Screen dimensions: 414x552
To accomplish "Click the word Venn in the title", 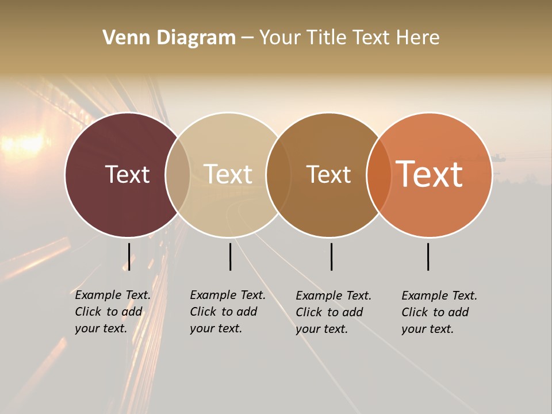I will click(122, 37).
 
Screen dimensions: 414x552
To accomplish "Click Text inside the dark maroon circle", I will click(127, 174).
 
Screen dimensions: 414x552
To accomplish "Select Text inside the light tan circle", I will click(228, 174).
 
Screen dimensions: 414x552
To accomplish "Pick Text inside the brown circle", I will click(328, 174).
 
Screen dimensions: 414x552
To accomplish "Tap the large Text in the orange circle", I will click(430, 174).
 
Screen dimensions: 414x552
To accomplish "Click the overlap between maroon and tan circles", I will click(178, 175).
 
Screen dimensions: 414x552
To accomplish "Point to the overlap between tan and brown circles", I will click(278, 175).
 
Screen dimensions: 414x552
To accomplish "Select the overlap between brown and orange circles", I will click(379, 175).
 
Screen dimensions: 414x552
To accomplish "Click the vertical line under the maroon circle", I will click(129, 256).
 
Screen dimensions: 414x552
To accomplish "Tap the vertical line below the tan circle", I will click(230, 256).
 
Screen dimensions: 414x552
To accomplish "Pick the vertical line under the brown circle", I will click(331, 256).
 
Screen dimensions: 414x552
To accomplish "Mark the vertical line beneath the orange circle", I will click(428, 256).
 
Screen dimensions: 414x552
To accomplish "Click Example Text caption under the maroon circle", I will click(112, 312).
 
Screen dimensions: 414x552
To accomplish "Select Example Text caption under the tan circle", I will click(227, 312).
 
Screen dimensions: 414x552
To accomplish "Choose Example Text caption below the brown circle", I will click(333, 312).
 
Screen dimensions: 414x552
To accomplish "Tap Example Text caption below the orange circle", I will click(439, 312).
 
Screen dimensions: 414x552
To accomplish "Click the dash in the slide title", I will click(247, 38).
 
